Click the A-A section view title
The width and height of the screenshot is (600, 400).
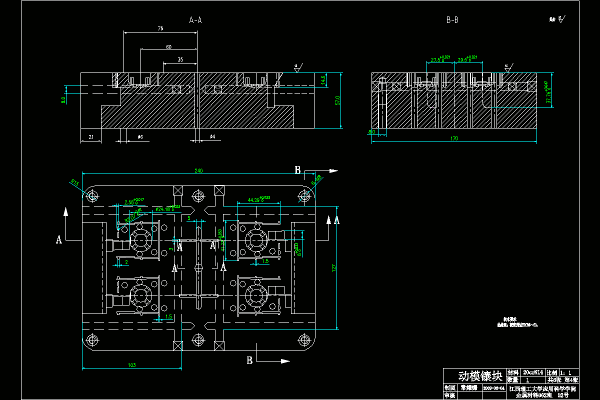pyautogui.click(x=195, y=20)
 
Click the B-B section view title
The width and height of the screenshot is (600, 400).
pyautogui.click(x=452, y=20)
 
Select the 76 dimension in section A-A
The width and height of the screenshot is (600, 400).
pyautogui.click(x=160, y=29)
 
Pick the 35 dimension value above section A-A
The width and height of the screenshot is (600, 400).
pyautogui.click(x=180, y=60)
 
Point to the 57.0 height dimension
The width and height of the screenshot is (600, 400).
pyautogui.click(x=338, y=100)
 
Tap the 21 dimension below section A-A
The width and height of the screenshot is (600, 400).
pyautogui.click(x=91, y=136)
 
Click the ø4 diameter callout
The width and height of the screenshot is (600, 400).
pyautogui.click(x=212, y=136)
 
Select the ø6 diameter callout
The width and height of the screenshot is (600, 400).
pyautogui.click(x=140, y=136)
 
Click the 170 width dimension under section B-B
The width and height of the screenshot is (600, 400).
pyautogui.click(x=454, y=138)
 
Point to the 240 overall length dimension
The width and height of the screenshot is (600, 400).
pyautogui.click(x=198, y=171)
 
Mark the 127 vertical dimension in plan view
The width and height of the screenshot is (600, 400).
pyautogui.click(x=334, y=268)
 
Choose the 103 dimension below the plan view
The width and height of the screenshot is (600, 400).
pyautogui.click(x=132, y=365)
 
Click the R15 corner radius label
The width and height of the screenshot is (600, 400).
pyautogui.click(x=75, y=182)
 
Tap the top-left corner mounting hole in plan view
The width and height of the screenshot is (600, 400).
pyautogui.click(x=92, y=196)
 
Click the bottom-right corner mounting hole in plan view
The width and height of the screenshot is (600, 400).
pyautogui.click(x=303, y=340)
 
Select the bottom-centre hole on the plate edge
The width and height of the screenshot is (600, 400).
pyautogui.click(x=198, y=340)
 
